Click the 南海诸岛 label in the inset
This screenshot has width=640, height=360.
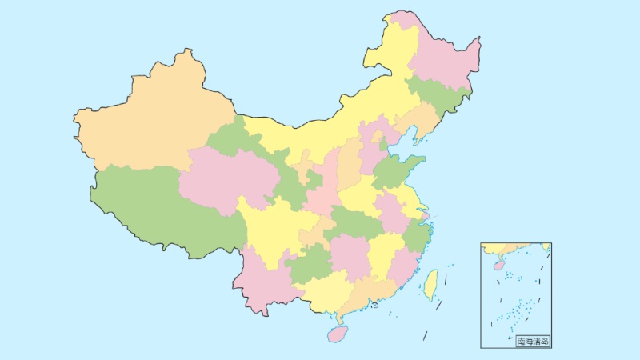click(x=533, y=342)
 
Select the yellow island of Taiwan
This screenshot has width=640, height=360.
click(x=430, y=283)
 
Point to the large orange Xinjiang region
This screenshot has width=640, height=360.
click(x=152, y=120)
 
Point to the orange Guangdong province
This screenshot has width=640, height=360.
click(x=372, y=292)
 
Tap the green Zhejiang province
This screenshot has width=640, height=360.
click(x=418, y=236)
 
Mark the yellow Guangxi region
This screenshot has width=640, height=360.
click(x=324, y=292)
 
